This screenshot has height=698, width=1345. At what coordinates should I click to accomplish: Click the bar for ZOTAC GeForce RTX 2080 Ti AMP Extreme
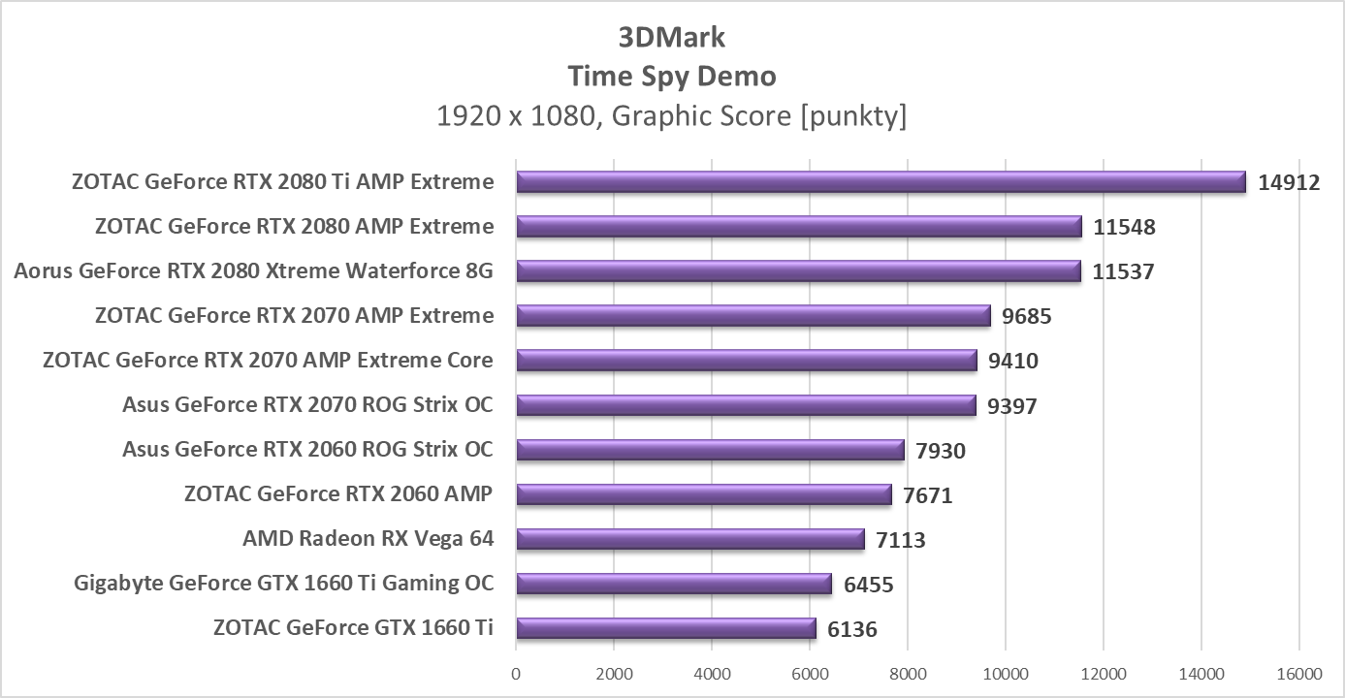pyautogui.click(x=881, y=182)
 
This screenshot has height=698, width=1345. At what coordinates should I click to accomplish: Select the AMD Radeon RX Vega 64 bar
pyautogui.click(x=689, y=539)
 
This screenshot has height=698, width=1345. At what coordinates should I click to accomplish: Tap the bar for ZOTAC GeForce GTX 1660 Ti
pyautogui.click(x=666, y=628)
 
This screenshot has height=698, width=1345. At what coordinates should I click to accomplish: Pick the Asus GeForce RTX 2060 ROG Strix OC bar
pyautogui.click(x=710, y=450)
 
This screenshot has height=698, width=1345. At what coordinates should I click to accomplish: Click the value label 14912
pyautogui.click(x=1289, y=182)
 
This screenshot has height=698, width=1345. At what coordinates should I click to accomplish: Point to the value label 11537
pyautogui.click(x=1123, y=271)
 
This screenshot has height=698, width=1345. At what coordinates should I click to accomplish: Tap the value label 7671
pyautogui.click(x=928, y=496)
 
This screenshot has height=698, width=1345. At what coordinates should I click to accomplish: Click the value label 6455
pyautogui.click(x=868, y=585)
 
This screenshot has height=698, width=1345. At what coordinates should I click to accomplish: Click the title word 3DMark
pyautogui.click(x=671, y=37)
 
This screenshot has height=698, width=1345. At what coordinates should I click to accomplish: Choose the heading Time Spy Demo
pyautogui.click(x=671, y=76)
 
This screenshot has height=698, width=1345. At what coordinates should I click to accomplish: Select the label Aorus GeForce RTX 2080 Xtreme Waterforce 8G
pyautogui.click(x=253, y=271)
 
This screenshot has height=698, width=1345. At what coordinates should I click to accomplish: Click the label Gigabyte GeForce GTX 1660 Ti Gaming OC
pyautogui.click(x=283, y=584)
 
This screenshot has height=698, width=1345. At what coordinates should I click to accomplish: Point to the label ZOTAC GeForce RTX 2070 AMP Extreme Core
pyautogui.click(x=268, y=361)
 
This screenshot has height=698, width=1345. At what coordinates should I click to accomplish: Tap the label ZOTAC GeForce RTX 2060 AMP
pyautogui.click(x=337, y=494)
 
